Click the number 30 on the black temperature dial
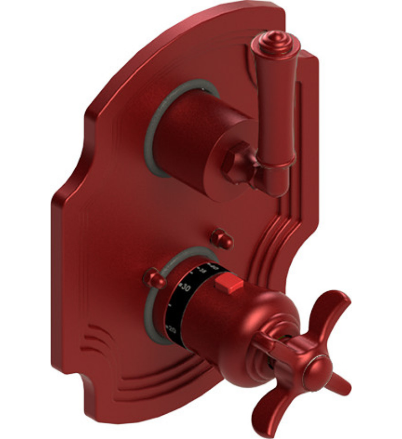click(x=186, y=288)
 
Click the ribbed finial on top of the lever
click(x=274, y=41)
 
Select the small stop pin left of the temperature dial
click(x=155, y=278)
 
